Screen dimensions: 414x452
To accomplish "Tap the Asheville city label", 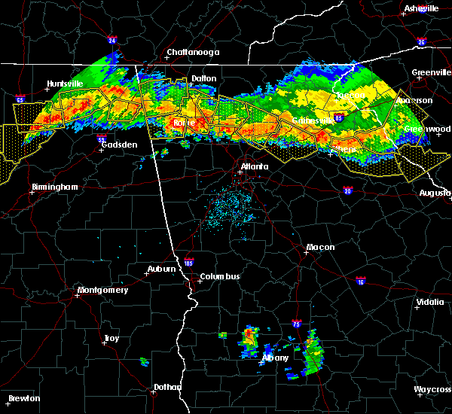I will [421, 8].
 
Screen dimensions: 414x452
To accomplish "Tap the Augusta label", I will [435, 193].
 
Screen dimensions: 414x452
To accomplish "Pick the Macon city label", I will [320, 248].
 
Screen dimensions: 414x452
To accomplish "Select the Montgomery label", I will [103, 290].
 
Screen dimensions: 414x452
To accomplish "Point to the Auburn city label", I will [161, 269].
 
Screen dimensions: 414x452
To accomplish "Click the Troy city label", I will [111, 339].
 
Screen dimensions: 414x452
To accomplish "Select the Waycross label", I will [432, 389].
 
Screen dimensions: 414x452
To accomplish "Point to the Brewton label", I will [24, 398].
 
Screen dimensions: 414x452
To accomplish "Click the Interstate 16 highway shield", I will [360, 281].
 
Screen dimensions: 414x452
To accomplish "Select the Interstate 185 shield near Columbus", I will [188, 263].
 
